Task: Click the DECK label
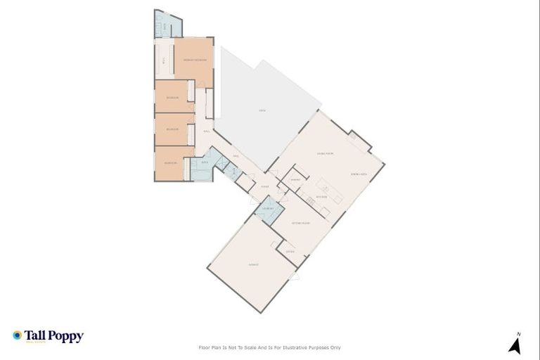point(262,111)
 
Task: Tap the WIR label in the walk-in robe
point(163,62)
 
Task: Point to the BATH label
point(205,162)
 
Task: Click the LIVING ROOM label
point(325,153)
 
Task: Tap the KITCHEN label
point(321,198)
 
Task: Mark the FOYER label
point(264,186)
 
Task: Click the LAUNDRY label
point(268,209)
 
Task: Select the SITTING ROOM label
point(302,223)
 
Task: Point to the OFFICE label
point(290,251)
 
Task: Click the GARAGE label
point(253,264)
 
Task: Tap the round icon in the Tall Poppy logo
point(18,335)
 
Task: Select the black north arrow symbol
point(515,346)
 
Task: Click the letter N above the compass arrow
point(518,334)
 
